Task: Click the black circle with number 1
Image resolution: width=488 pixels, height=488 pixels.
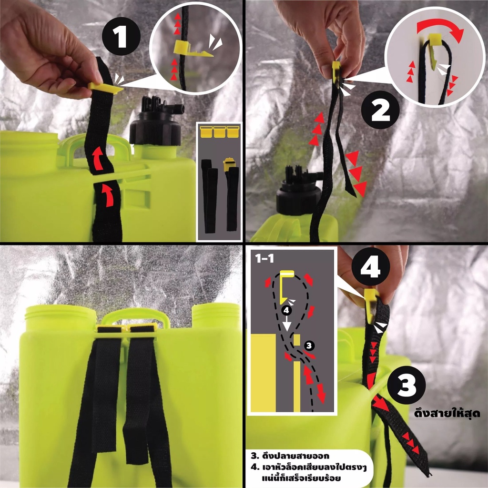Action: coord(122,36)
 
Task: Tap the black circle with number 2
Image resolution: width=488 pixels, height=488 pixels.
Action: coord(380,110)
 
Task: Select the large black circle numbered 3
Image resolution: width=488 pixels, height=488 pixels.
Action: coord(406,385)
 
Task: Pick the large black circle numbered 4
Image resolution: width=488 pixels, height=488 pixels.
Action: coord(371,267)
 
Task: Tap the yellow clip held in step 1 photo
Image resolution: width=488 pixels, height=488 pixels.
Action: coord(105,88)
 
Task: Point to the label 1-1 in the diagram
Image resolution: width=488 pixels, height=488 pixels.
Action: coord(264,258)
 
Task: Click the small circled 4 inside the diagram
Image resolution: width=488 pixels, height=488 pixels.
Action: coord(286,310)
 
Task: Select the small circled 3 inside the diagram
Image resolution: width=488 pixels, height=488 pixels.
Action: coord(308,345)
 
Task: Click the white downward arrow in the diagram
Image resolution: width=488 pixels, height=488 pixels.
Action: coord(286,323)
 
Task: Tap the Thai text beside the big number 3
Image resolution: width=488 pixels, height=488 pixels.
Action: coord(447,413)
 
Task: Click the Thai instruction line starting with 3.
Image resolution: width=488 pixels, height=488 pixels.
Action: coord(290,456)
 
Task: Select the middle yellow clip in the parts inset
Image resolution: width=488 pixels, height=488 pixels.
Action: coord(219,132)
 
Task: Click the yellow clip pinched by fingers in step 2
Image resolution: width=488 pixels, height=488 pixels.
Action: coord(336,71)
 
